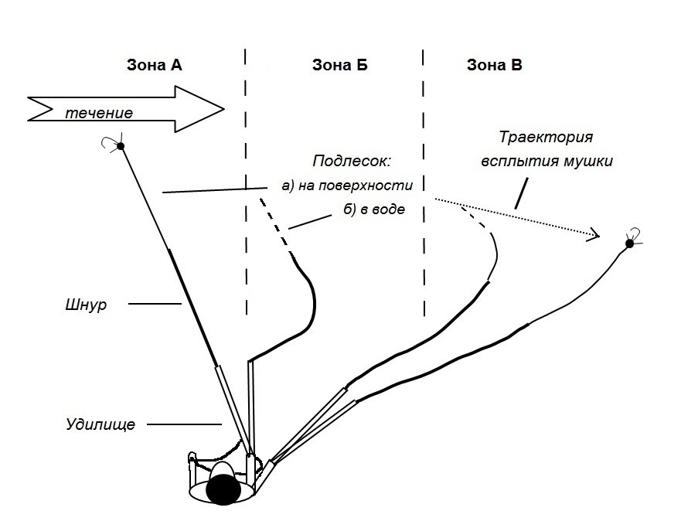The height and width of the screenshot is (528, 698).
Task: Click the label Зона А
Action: point(154,65)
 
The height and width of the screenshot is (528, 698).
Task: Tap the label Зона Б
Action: point(339,65)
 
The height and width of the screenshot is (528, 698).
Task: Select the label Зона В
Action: point(494,65)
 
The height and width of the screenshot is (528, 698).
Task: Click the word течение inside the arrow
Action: point(99,113)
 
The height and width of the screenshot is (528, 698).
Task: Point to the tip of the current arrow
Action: point(224,109)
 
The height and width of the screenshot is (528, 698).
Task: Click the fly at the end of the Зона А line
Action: point(119,145)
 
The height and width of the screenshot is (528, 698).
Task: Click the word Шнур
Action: point(86,305)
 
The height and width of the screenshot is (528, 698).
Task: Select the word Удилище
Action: point(100,424)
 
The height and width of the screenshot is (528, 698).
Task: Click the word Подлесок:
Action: point(351,161)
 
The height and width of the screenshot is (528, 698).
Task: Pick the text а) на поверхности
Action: point(347,186)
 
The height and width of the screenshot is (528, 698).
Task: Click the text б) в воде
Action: point(374,209)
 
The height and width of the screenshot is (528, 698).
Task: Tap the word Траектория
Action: point(546,137)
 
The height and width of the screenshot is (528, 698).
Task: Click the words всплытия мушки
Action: point(546,161)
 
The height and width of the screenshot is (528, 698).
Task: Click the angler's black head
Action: point(223,489)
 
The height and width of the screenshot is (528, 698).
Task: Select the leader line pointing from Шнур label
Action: point(155,304)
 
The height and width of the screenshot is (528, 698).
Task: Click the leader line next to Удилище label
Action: point(184,424)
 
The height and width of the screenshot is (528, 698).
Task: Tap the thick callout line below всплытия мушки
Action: point(521,193)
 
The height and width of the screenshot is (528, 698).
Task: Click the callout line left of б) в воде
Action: point(310,222)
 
